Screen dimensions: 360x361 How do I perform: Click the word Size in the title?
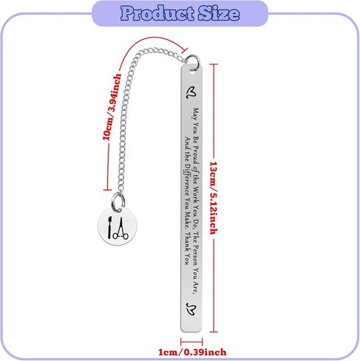click(x=219, y=13)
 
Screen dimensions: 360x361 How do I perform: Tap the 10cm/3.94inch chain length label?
click(x=112, y=107)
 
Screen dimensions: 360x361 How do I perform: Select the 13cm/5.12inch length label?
click(x=214, y=198)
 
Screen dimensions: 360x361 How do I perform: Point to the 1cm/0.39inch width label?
click(x=192, y=352)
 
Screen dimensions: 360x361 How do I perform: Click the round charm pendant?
click(x=117, y=226)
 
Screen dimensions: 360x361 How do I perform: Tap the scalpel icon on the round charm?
click(x=109, y=228)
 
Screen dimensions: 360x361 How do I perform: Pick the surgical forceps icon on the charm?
click(x=120, y=229)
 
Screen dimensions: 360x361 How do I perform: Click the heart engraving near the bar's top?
click(x=191, y=92)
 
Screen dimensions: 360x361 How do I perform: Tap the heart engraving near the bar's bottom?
click(x=191, y=309)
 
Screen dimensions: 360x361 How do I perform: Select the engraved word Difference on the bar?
click(x=187, y=179)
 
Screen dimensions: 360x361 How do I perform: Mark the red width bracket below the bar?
click(x=191, y=342)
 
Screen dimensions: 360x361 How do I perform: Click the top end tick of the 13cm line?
click(x=214, y=64)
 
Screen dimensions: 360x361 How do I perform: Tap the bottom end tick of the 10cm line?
click(x=107, y=190)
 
